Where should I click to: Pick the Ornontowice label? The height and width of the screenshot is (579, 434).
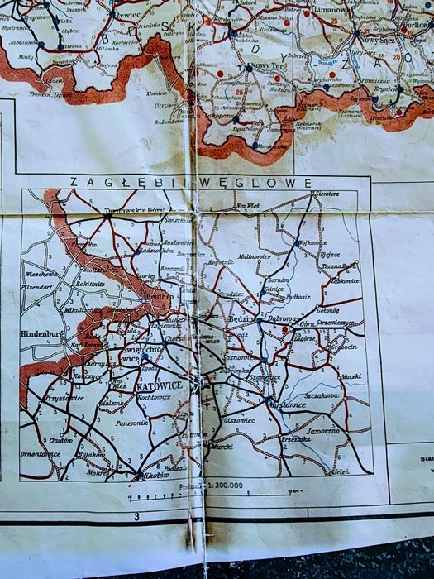click(41, 452)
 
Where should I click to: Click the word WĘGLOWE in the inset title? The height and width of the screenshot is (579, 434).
click(275, 182)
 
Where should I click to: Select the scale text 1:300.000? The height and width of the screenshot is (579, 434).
click(224, 485)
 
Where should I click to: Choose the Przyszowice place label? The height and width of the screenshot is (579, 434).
click(42, 398)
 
